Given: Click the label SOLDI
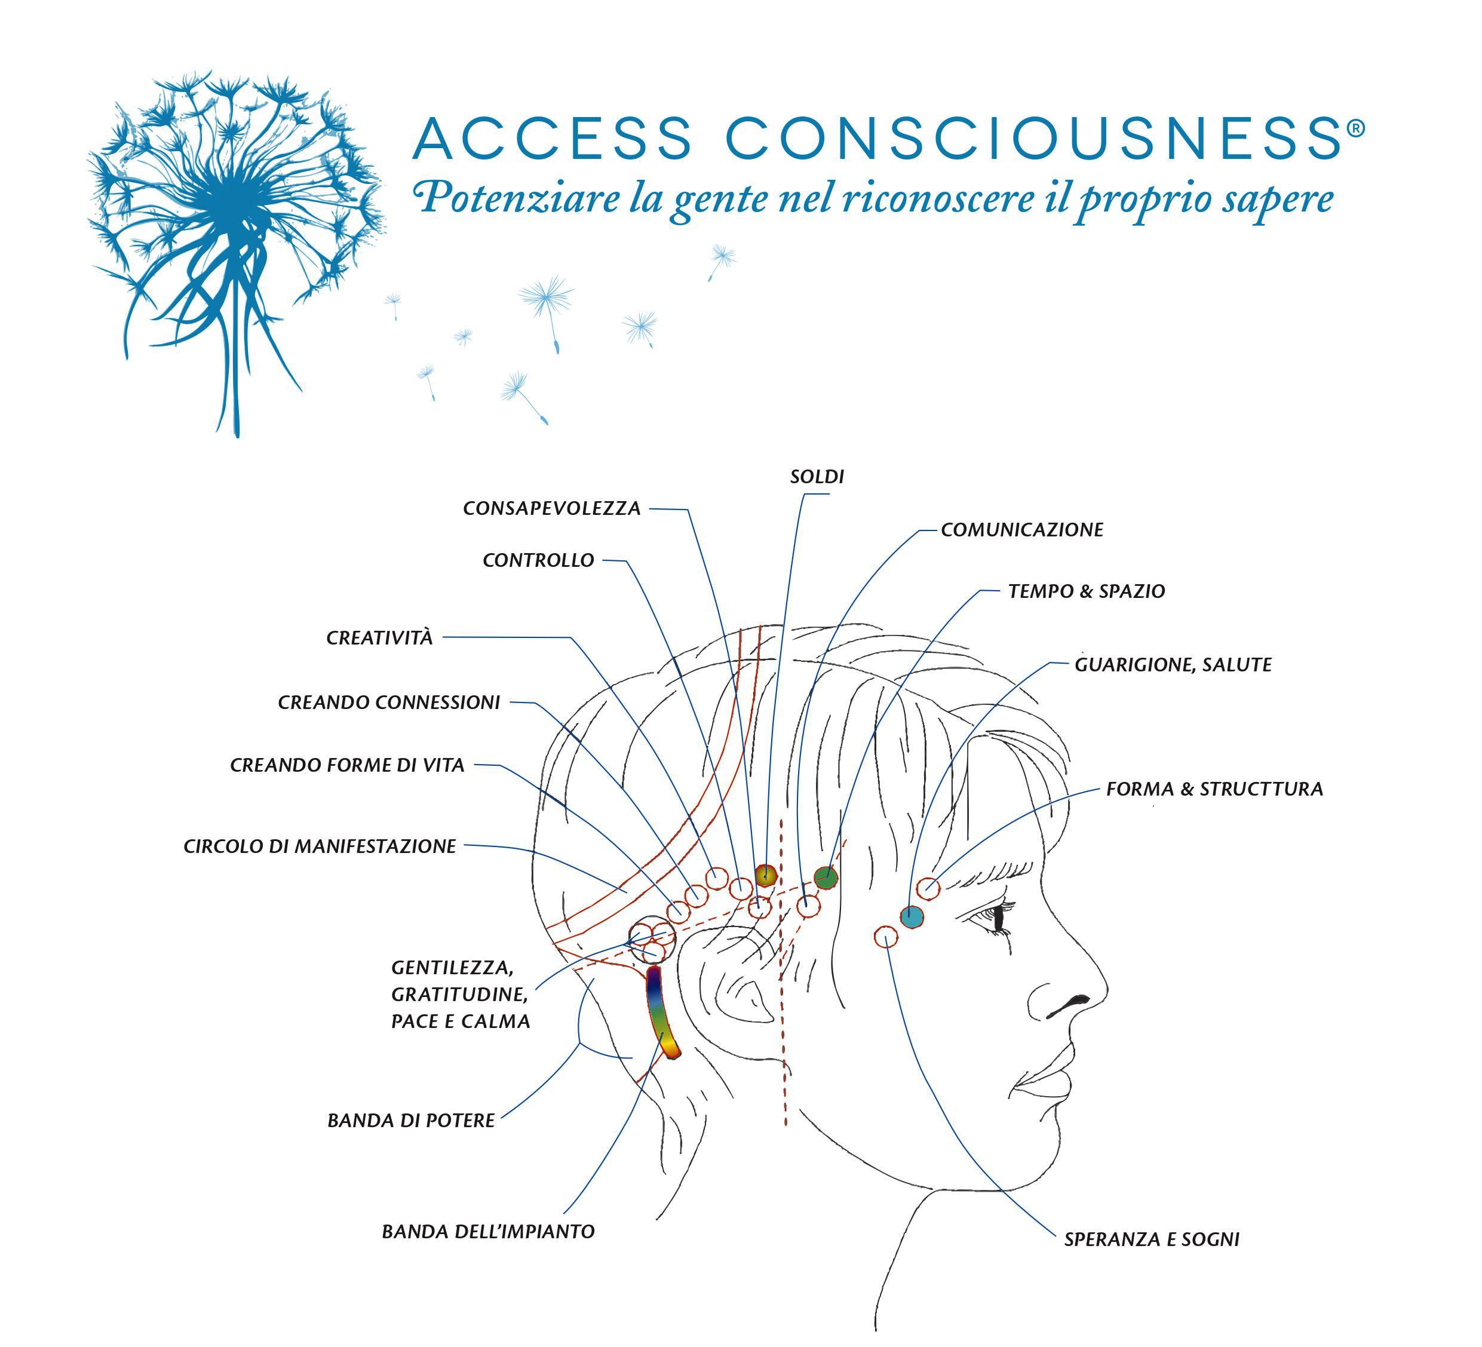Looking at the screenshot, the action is pos(817,477).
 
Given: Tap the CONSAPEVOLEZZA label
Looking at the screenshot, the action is pos(551,509).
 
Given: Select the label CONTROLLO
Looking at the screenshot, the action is pos(538,560).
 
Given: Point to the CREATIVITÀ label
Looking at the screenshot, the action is pos(379,638).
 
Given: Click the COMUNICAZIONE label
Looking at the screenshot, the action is pos(1022,530).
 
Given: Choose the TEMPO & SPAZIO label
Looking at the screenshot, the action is pos(1087,591).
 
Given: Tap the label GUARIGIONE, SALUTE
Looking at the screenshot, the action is pos(1173,665).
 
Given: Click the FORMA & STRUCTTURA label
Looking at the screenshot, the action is pos(1214,790).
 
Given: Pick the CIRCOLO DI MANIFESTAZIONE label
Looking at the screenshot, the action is pos(320,847).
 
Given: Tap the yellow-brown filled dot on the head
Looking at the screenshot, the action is pos(765,875).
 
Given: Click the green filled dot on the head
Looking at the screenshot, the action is pos(826,876).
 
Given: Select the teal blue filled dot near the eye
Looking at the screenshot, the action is pos(912,916).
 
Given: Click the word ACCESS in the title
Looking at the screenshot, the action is pos(552,137).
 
